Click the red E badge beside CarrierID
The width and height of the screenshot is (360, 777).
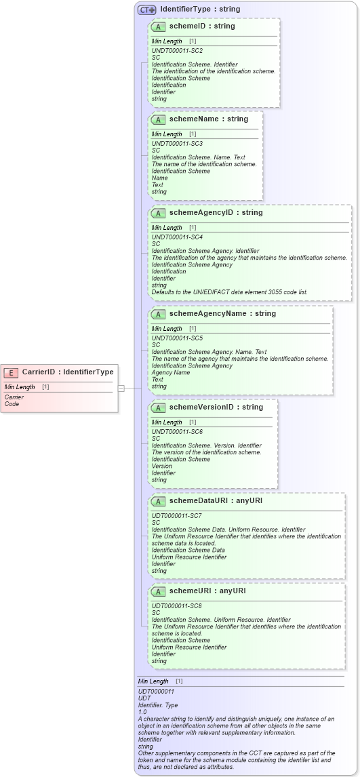[12, 372]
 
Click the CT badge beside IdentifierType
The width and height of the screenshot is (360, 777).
[146, 10]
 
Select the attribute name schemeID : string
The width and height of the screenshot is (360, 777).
[202, 26]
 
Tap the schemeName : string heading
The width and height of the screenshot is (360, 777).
[209, 119]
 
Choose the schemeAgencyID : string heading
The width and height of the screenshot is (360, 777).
[216, 213]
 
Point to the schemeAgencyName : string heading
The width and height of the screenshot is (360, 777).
[222, 314]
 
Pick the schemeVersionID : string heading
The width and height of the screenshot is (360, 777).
[216, 407]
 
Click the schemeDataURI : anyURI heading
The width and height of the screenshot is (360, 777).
[216, 500]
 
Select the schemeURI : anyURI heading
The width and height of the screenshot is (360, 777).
[207, 591]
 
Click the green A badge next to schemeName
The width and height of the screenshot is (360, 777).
[158, 119]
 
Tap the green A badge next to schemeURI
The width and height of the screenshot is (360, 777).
[158, 591]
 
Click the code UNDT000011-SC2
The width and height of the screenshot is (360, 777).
[177, 51]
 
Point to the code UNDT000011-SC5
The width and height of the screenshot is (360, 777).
[177, 338]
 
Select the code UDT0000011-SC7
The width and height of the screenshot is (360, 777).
[177, 515]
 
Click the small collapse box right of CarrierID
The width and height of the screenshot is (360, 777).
[121, 388]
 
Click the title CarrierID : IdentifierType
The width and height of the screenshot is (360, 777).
[68, 372]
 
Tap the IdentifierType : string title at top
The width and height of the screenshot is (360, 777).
[200, 10]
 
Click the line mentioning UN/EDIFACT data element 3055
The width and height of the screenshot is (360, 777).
[229, 292]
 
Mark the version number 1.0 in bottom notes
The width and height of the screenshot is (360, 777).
[142, 712]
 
